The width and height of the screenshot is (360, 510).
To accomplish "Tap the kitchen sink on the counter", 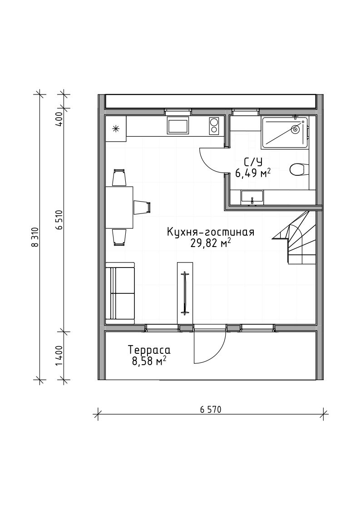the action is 178,125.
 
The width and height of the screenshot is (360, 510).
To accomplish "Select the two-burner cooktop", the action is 214,125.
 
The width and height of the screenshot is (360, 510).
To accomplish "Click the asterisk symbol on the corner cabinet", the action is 115,129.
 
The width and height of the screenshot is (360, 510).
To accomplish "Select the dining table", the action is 119,208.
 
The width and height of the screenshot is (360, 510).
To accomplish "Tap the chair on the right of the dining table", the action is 142,207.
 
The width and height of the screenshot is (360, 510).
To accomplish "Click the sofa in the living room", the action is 120,293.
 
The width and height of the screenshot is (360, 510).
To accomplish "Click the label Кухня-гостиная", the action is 210,232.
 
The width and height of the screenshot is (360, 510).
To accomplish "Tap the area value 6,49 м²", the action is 253,173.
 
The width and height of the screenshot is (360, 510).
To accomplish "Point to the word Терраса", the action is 149,351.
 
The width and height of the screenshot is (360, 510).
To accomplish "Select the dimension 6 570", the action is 210,410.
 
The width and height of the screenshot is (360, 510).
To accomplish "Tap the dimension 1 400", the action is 59,356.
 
